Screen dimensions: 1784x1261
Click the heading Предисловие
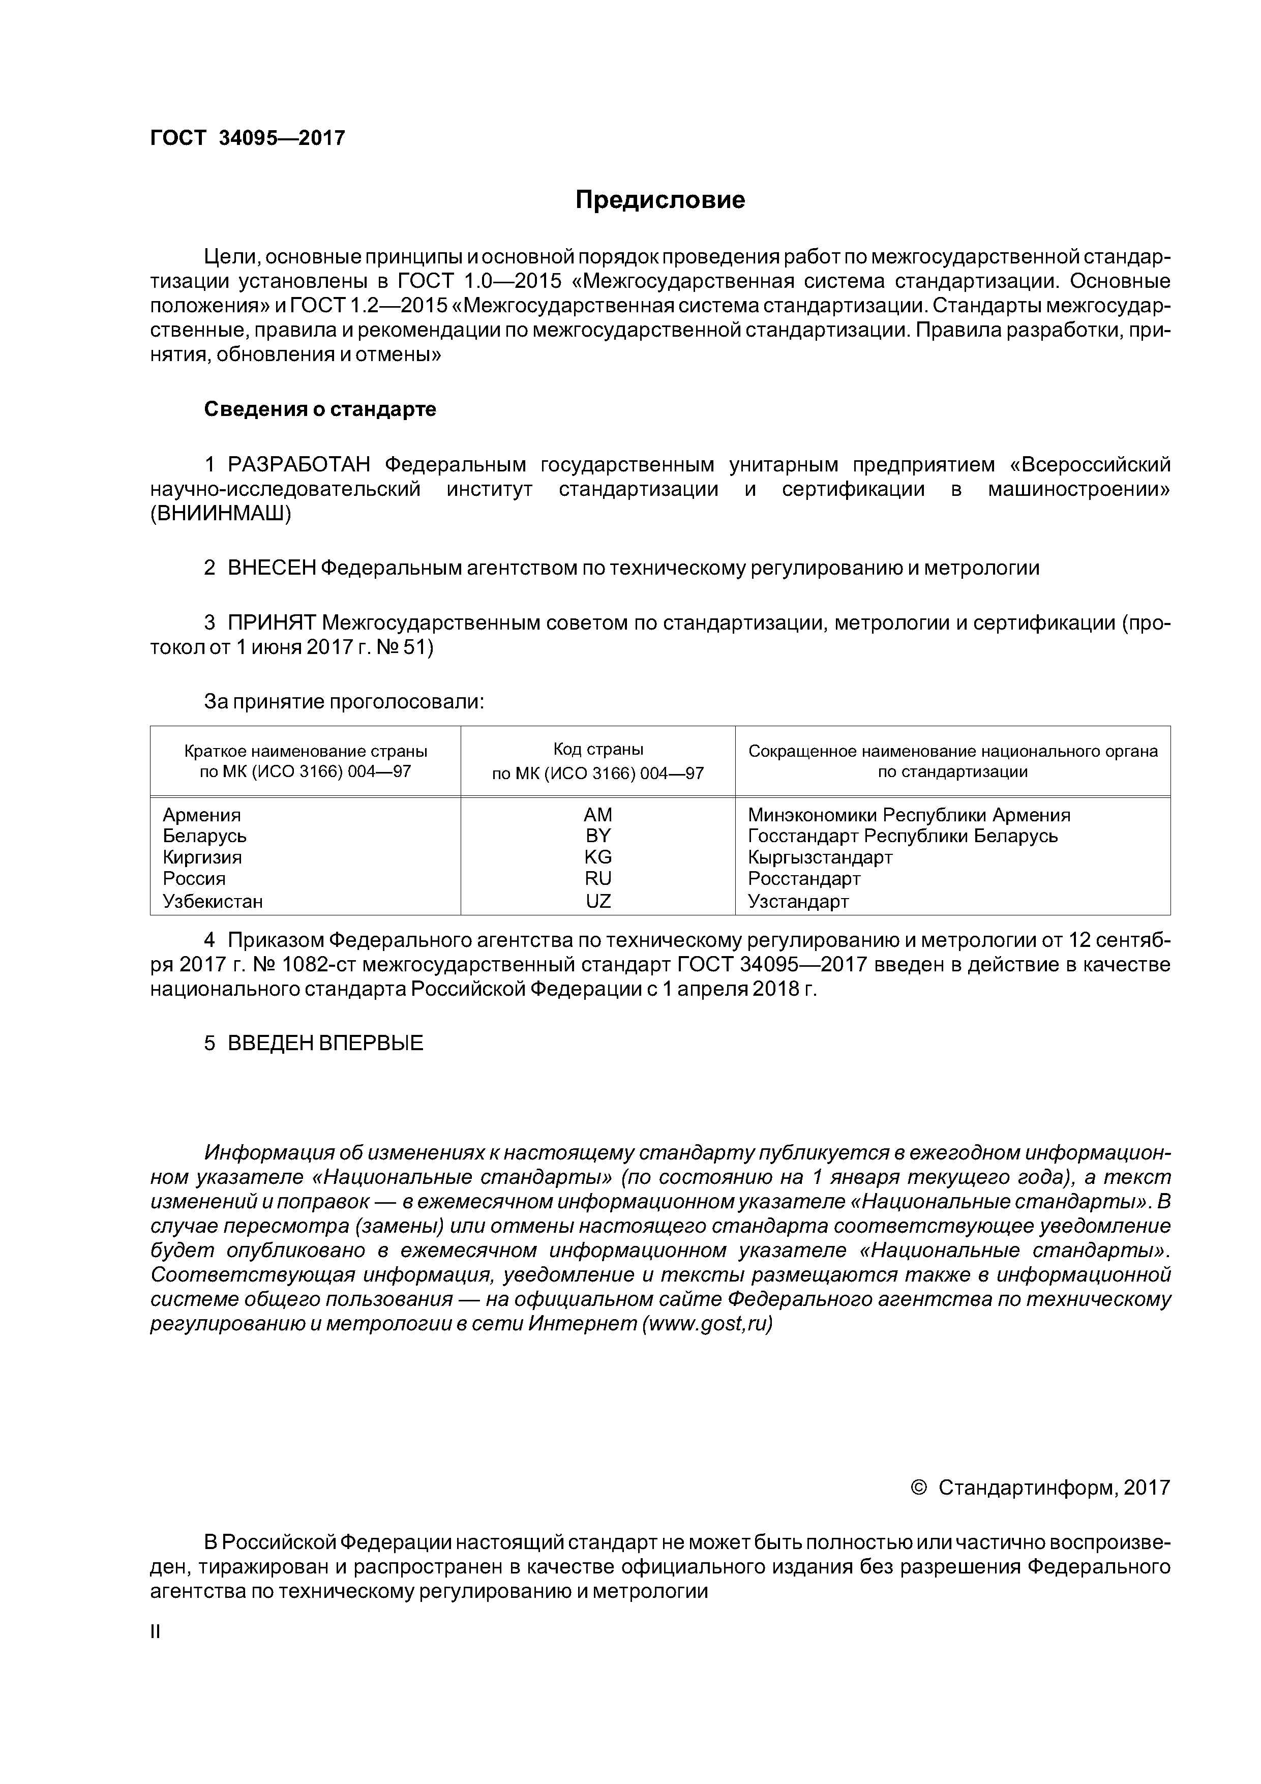click(x=659, y=200)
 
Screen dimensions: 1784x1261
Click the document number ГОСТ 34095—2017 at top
click(x=247, y=138)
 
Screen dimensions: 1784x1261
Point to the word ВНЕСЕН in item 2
click(x=271, y=568)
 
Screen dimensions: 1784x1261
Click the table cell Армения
click(x=202, y=815)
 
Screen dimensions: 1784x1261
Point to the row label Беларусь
click(x=204, y=836)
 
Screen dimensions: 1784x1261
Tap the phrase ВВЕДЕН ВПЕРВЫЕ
click(x=325, y=1044)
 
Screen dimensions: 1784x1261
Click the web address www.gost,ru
click(x=707, y=1325)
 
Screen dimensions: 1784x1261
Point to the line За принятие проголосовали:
click(x=344, y=702)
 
